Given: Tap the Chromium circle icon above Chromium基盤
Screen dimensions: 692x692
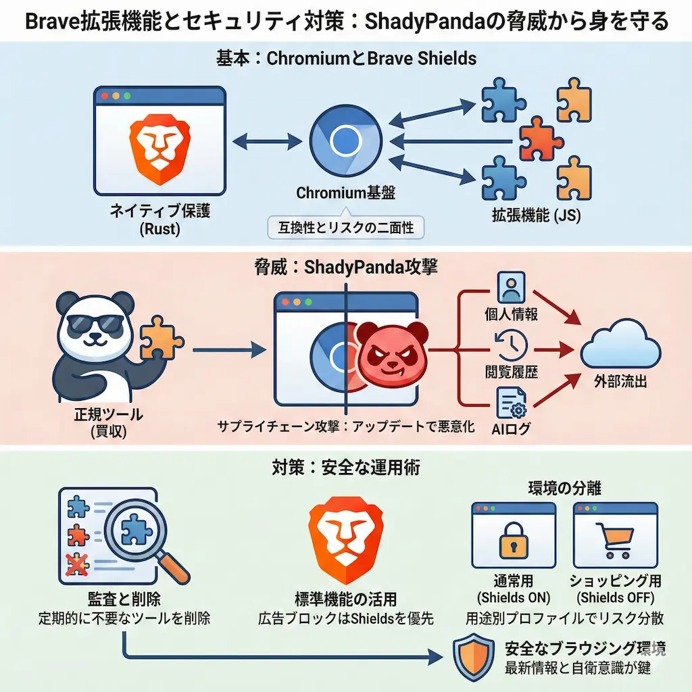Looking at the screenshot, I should click(x=345, y=141).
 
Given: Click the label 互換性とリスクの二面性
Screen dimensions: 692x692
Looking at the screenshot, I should click(x=345, y=226).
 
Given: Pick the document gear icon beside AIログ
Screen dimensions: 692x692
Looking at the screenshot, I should click(x=511, y=403).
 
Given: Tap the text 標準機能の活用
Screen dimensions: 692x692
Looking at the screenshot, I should click(x=345, y=599).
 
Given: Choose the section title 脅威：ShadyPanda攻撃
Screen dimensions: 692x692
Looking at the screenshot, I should click(x=345, y=267).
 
